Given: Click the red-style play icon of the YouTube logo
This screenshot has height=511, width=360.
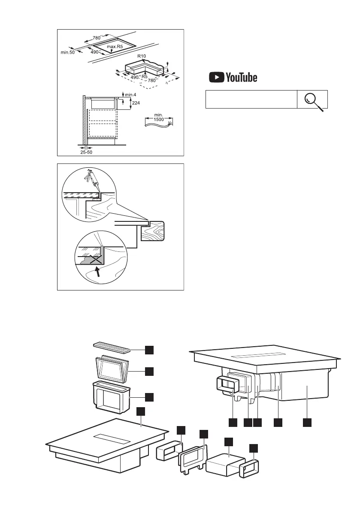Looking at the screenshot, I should click(x=217, y=78).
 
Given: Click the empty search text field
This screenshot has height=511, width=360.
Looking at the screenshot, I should click(x=251, y=99).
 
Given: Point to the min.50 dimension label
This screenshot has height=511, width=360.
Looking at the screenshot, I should click(x=67, y=52).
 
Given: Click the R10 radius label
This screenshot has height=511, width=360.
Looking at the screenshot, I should click(x=142, y=56).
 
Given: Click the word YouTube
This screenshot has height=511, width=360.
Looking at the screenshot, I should click(x=241, y=78).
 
